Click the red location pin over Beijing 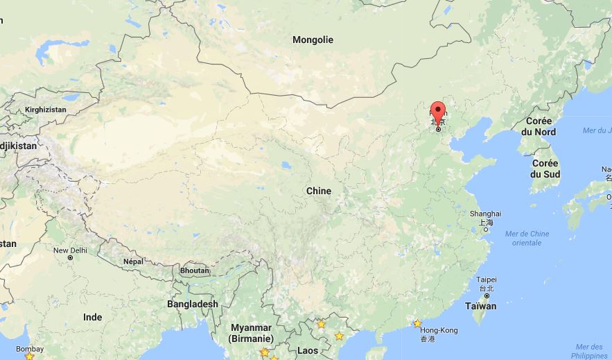point(437,110)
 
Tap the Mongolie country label point(313,40)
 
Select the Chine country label point(319,191)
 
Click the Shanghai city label point(485,214)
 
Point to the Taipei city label point(487,280)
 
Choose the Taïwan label point(480,306)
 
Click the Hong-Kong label point(439,331)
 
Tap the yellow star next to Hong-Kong point(417,323)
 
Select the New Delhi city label point(70,250)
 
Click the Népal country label point(133,262)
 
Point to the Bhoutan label point(194,271)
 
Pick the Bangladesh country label point(192,304)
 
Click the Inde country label point(93,317)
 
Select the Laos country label point(308,350)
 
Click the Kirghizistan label point(46,110)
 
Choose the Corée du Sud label point(545,169)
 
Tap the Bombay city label point(30,349)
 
